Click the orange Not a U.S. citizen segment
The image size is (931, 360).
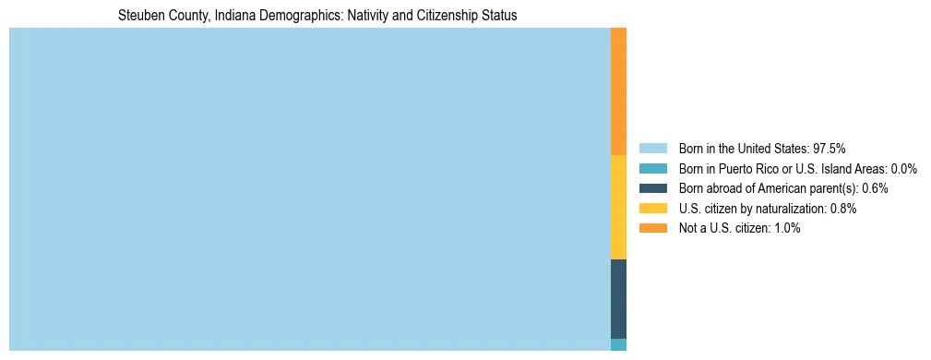tap(618, 91)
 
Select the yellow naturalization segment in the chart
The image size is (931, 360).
tap(618, 207)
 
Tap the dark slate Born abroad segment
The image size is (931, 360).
tap(618, 298)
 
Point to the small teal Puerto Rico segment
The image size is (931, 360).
tap(618, 344)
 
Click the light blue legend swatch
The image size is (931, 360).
tap(652, 148)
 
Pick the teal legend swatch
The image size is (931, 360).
tap(652, 168)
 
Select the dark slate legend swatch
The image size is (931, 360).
tap(652, 188)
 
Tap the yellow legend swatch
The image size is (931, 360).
tap(652, 209)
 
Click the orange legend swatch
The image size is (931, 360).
tap(652, 228)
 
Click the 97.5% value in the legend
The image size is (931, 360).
tap(829, 148)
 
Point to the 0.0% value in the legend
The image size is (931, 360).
tap(904, 168)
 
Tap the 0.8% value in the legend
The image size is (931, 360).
tap(843, 209)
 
